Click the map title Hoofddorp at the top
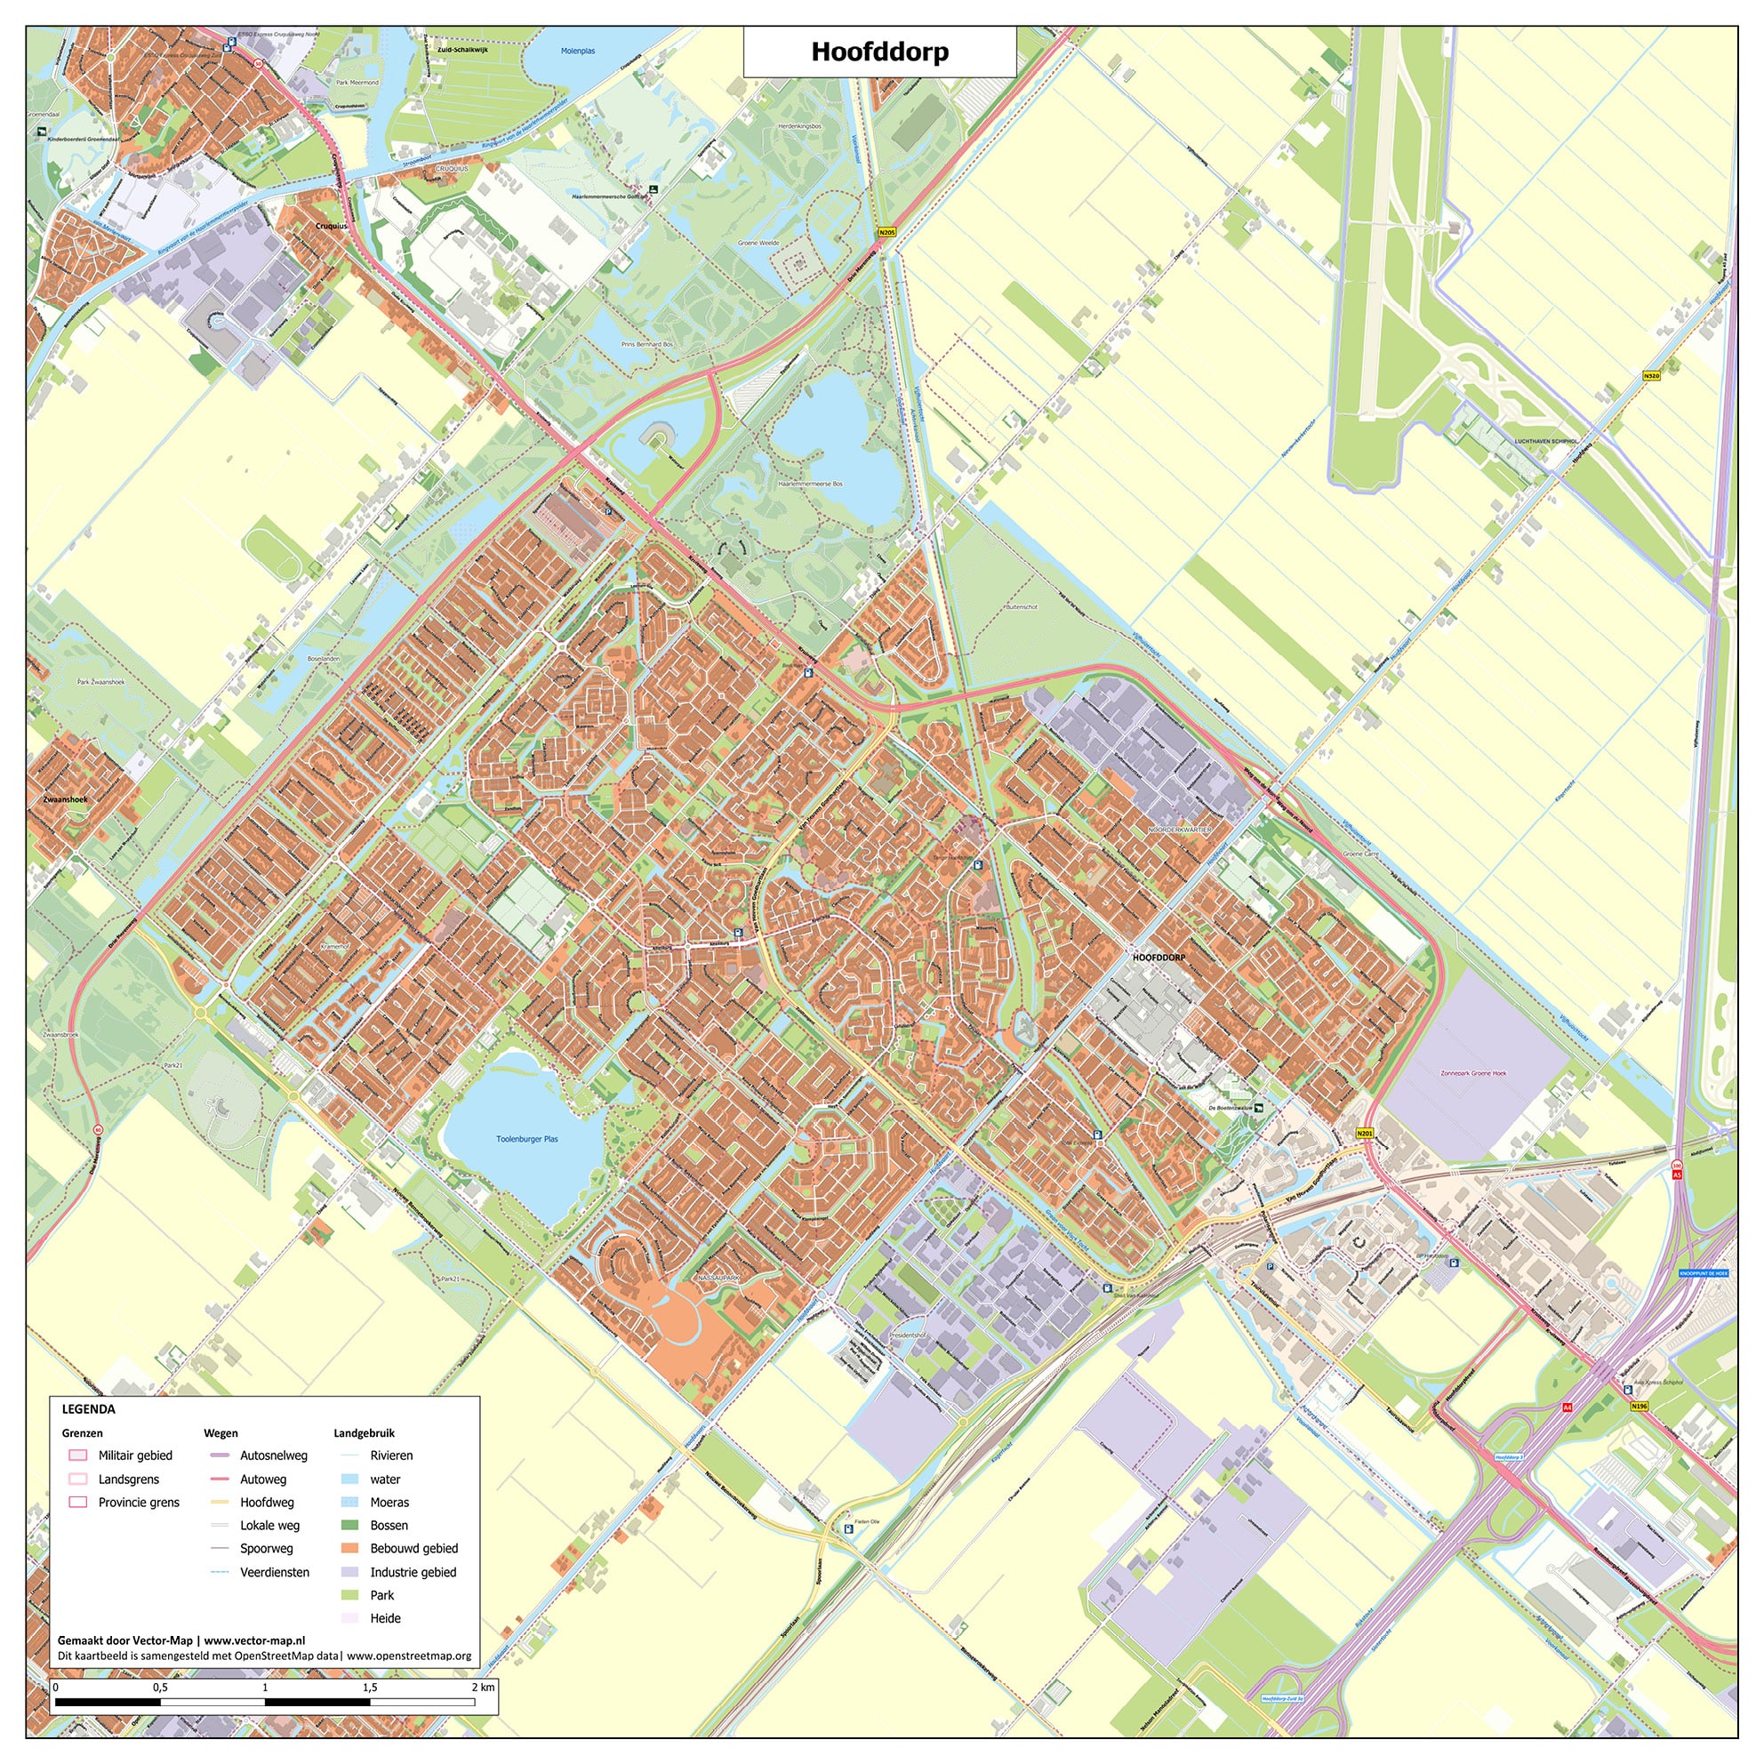click(879, 52)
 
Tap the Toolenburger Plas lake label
click(527, 1139)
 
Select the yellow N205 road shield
click(886, 233)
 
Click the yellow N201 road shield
click(1364, 1133)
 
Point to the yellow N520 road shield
click(1651, 375)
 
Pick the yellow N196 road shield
click(1639, 1406)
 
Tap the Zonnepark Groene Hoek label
click(1472, 1073)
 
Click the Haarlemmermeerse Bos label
click(810, 484)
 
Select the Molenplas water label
click(578, 52)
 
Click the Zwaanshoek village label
click(65, 799)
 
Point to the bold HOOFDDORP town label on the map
click(1159, 958)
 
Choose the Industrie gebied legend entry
click(413, 1572)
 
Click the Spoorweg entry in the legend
click(267, 1549)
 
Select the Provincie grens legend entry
click(139, 1502)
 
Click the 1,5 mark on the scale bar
click(370, 1688)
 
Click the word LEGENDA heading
click(89, 1409)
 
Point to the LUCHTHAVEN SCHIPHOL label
click(1545, 441)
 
